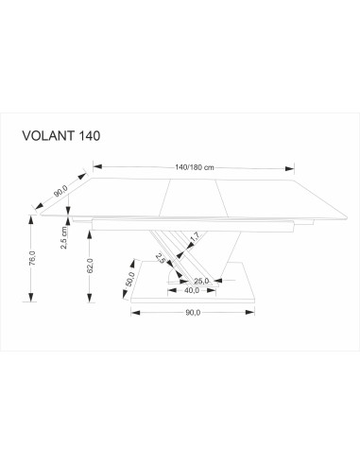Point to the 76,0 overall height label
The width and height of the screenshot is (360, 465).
point(33,257)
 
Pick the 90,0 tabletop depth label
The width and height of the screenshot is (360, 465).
point(61,192)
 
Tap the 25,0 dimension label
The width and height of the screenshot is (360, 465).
point(200,281)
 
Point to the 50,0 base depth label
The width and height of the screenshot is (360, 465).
point(128,280)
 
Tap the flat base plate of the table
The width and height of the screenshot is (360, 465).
point(203,299)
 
